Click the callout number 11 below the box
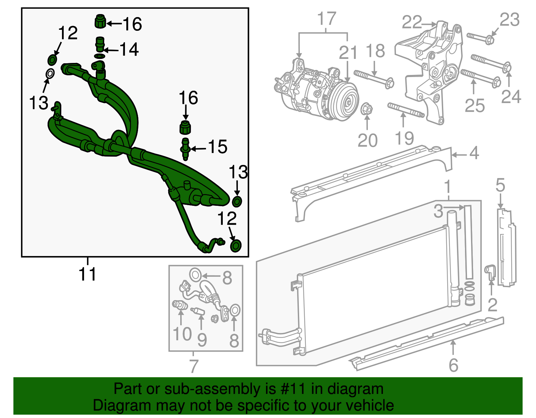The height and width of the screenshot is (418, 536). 87,274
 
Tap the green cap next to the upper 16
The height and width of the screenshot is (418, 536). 100,22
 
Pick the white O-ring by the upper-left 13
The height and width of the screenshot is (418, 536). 50,74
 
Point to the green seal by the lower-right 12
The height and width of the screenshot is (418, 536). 236,246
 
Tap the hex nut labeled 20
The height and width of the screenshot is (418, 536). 367,109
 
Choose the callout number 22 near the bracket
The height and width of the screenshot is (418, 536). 411,23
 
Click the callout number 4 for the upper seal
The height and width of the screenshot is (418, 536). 474,153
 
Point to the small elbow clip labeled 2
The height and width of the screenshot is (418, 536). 490,271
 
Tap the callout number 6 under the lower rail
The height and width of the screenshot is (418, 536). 453,365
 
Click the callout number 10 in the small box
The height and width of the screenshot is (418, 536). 182,334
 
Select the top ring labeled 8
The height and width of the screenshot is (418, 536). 195,275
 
